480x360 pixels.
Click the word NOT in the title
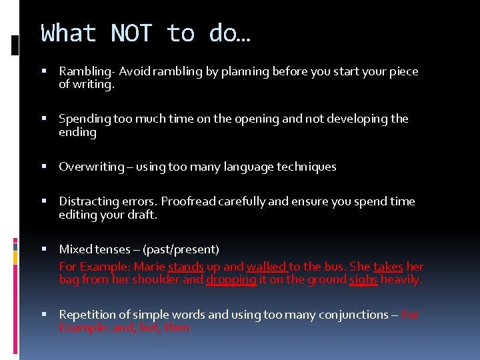[131, 33]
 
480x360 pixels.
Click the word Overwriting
[91, 167]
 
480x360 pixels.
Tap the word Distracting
[89, 201]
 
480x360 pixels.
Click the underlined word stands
[185, 267]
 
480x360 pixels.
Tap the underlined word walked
[266, 267]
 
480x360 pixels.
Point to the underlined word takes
[387, 267]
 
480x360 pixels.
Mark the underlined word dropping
[231, 280]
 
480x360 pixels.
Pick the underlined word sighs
[363, 280]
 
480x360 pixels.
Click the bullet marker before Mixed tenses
[43, 249]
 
